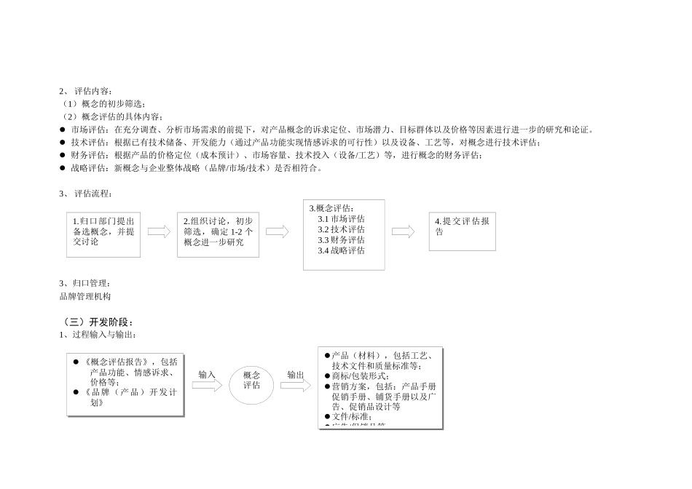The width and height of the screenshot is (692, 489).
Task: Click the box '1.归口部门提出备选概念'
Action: (103, 234)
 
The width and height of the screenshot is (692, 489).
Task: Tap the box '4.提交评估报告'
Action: (462, 231)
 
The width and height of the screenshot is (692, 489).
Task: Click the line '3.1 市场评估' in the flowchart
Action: (341, 219)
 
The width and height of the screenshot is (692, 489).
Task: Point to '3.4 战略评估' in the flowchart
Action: (341, 250)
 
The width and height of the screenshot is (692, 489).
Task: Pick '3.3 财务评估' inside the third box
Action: (341, 240)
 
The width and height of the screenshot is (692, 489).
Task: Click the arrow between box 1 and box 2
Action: (159, 231)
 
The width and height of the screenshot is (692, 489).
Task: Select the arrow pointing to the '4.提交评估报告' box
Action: (403, 231)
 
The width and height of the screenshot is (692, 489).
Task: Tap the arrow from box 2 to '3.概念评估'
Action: (277, 231)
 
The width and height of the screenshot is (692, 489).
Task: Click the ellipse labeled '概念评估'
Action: (251, 381)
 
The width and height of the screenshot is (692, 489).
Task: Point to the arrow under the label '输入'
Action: (207, 386)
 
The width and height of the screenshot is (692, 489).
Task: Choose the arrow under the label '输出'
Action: (295, 385)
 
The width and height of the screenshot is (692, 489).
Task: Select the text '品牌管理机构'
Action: (85, 296)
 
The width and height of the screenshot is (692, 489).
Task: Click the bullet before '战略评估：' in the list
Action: (63, 168)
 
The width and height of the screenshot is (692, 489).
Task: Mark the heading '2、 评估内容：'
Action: (86, 92)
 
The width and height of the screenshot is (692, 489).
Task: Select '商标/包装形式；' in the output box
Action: (359, 376)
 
